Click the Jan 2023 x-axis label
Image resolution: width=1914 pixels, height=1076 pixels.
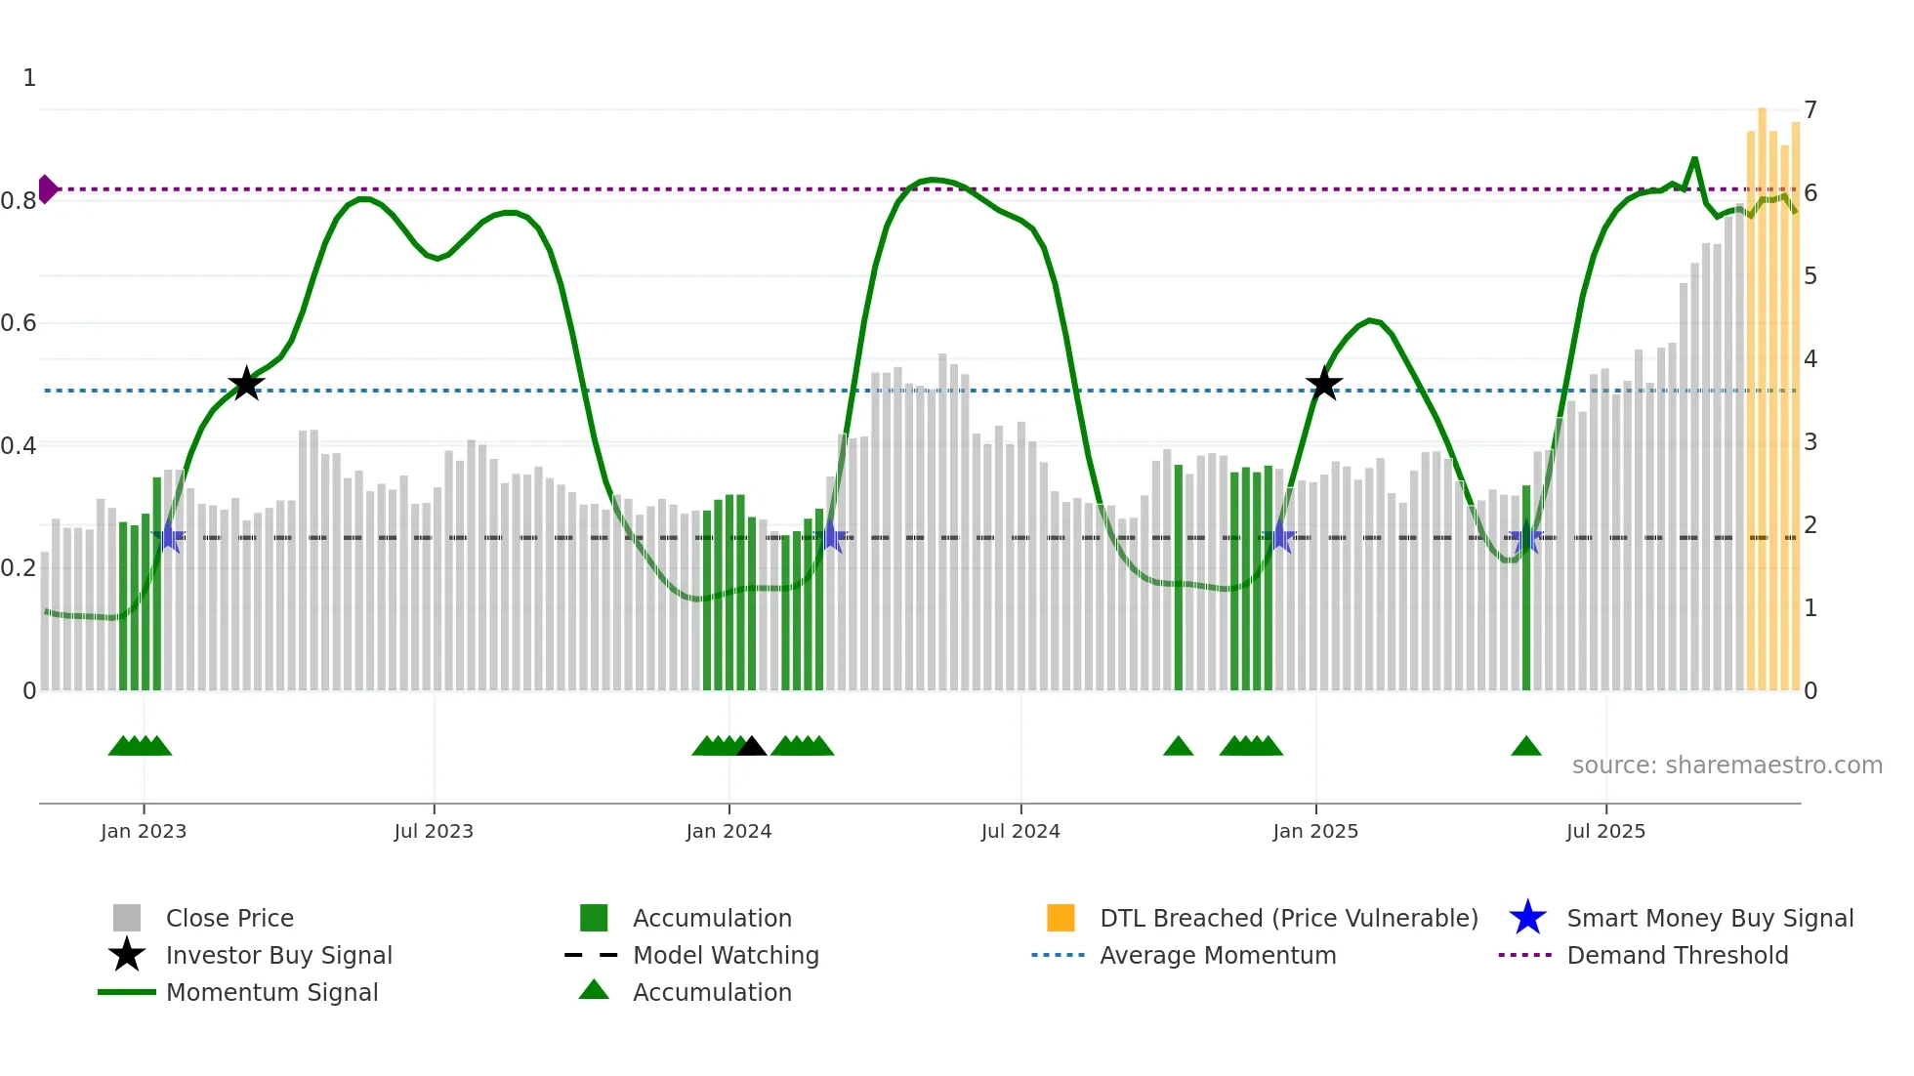[x=143, y=831]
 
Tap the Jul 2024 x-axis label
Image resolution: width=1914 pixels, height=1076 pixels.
[x=1019, y=831]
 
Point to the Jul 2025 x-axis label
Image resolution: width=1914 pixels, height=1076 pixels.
[x=1604, y=831]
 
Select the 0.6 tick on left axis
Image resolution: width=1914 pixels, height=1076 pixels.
[x=19, y=323]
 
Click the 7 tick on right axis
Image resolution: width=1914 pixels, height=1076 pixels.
[x=1810, y=110]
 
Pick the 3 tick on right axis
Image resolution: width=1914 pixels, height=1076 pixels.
[x=1810, y=442]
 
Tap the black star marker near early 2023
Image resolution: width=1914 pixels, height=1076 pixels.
[x=246, y=384]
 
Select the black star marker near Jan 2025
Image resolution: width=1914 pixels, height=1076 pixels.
[x=1324, y=384]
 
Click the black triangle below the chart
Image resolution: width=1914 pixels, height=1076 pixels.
[x=751, y=747]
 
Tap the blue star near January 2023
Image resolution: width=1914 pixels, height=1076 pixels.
[x=169, y=536]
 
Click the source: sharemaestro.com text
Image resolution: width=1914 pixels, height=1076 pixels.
[x=1727, y=766]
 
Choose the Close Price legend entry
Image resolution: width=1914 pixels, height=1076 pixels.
[x=229, y=918]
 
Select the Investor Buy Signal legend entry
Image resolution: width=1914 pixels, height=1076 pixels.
[x=278, y=955]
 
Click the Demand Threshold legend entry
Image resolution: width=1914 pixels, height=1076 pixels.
[x=1677, y=955]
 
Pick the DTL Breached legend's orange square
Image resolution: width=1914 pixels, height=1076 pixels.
[x=1061, y=918]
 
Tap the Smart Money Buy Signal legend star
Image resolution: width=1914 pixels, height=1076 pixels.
[x=1527, y=918]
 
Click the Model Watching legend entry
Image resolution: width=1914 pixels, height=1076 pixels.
[x=725, y=955]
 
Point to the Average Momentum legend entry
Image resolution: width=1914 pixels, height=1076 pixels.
[x=1217, y=955]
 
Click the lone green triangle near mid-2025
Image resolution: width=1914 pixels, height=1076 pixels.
[x=1525, y=747]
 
